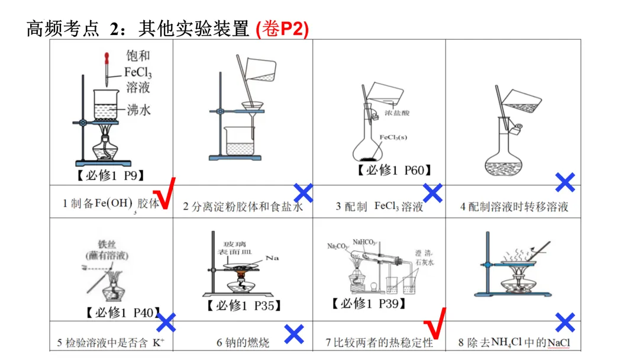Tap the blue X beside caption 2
[303, 192]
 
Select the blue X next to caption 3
[433, 192]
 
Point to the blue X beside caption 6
[294, 334]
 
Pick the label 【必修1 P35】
[243, 306]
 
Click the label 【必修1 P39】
[369, 304]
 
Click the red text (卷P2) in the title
[282, 28]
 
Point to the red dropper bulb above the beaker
[107, 58]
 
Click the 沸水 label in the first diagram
[139, 110]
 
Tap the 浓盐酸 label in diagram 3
[397, 112]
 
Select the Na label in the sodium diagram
[272, 258]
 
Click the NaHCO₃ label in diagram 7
[364, 241]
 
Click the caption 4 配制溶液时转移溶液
[514, 207]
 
